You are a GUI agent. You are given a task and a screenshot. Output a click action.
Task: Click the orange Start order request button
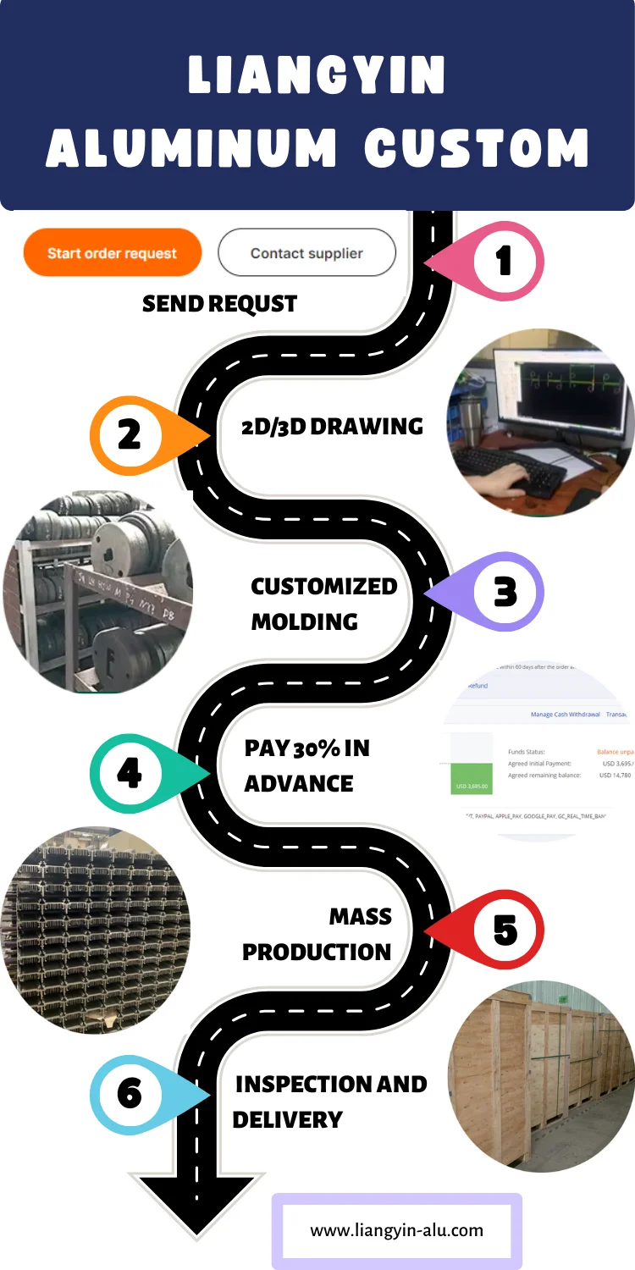coord(112,252)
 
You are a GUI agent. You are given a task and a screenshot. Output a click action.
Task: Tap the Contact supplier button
coord(306,252)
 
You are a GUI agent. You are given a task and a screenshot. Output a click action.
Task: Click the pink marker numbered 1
coord(503,261)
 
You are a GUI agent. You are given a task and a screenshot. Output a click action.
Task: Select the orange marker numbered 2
coord(130,434)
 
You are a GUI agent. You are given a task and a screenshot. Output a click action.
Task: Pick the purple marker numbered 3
coord(505,592)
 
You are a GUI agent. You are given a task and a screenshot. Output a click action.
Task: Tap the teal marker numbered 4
coord(130,773)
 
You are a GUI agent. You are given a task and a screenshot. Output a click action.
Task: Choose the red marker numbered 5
coord(505,930)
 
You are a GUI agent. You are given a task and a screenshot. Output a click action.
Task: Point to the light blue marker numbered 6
coord(130,1094)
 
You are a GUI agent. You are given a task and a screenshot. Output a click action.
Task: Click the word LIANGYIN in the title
coord(317,76)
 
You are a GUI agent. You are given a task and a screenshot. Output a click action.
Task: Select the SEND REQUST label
coord(219,304)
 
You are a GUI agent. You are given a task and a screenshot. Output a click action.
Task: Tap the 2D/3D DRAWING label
coord(332,427)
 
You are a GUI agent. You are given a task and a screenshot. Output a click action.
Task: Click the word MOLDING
coord(304,622)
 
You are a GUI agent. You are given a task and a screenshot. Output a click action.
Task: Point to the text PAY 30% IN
coord(306,748)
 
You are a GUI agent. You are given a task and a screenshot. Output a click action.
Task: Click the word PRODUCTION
coord(317,952)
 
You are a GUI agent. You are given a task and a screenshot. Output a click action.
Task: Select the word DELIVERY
coord(287,1120)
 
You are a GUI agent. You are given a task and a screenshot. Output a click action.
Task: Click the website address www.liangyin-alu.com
coord(396,1230)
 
